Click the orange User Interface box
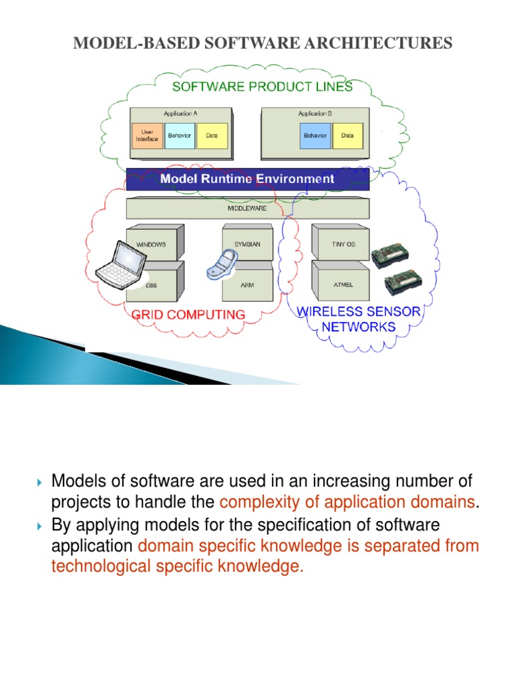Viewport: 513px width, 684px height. pos(146,136)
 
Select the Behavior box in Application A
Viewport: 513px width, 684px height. pos(179,136)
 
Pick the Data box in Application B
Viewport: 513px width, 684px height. pos(347,136)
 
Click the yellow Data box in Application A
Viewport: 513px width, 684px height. pos(212,136)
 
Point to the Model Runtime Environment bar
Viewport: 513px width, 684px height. pos(247,179)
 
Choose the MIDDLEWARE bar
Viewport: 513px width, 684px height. pos(247,208)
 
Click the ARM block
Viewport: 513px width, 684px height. pos(248,284)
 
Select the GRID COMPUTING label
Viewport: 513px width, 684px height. pos(188,314)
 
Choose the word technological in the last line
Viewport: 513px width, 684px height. pos(105,566)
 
